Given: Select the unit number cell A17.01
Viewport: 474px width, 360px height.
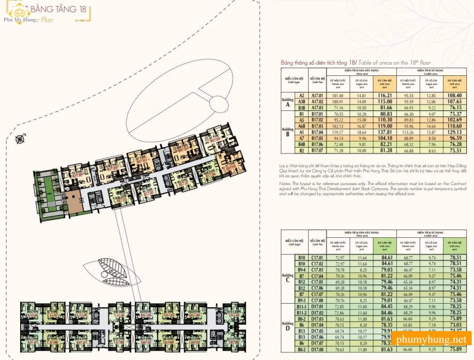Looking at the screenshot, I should tap(318, 95).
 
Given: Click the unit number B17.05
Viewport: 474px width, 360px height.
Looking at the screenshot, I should tap(318, 138).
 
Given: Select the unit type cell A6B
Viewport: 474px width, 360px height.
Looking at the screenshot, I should tap(301, 126).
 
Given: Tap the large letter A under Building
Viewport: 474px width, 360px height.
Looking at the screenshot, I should tap(287, 106).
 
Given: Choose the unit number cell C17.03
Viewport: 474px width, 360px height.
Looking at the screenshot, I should tap(318, 269).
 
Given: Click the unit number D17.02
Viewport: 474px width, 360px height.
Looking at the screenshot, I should tap(318, 312).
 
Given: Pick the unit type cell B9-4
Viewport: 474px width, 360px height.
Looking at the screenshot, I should tap(301, 269).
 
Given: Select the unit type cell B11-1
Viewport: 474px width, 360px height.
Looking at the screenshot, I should tap(301, 306).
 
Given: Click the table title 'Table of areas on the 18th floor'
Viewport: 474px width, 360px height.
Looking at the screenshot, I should tap(388, 62).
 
